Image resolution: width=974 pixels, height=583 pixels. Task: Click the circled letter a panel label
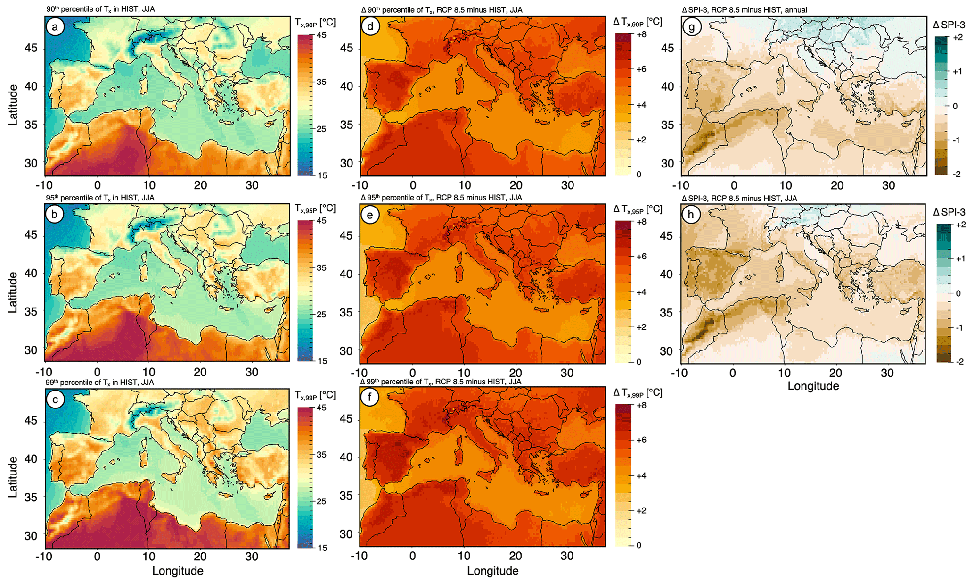55,27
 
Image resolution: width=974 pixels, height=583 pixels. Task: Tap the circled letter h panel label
691,215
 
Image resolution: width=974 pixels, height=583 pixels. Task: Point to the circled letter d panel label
370,26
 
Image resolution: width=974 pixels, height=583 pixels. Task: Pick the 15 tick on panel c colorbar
322,548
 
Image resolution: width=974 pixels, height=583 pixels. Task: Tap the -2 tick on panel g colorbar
956,175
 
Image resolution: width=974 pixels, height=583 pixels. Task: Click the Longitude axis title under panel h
813,386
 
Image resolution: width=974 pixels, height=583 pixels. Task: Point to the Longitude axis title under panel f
493,571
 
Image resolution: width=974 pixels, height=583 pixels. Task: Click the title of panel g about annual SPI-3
745,10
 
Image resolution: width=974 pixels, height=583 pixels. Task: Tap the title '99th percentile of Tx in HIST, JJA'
100,382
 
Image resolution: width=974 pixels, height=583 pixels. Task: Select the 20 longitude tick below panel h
836,373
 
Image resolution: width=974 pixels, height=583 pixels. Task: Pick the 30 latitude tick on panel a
31,163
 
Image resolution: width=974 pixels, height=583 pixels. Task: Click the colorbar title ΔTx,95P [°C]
638,209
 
